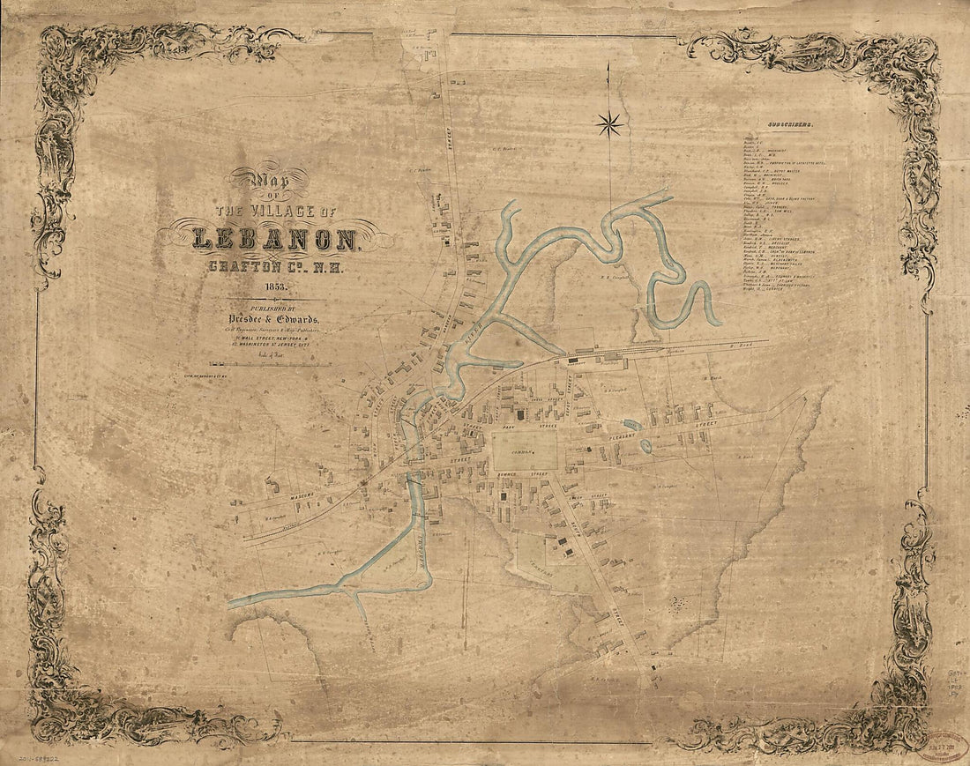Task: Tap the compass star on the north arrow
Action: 608,124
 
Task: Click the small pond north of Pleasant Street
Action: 632,425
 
